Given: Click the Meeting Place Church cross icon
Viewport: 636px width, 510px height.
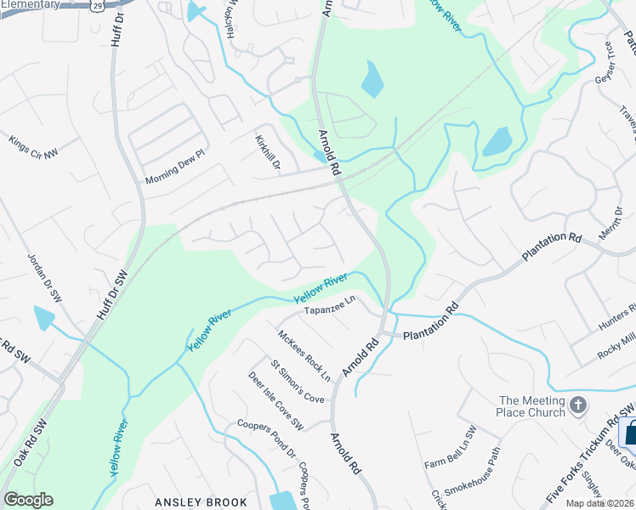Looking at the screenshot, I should click(579, 405).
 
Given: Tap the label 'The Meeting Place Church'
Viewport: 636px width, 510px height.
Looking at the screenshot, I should click(532, 406).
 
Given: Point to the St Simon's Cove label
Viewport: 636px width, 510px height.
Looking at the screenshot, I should click(298, 382).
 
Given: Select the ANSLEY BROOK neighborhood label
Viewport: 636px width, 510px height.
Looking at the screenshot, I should click(201, 502).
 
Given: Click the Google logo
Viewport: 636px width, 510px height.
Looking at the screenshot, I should click(27, 500).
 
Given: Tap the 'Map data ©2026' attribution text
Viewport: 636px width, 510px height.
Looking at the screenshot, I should click(600, 503).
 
